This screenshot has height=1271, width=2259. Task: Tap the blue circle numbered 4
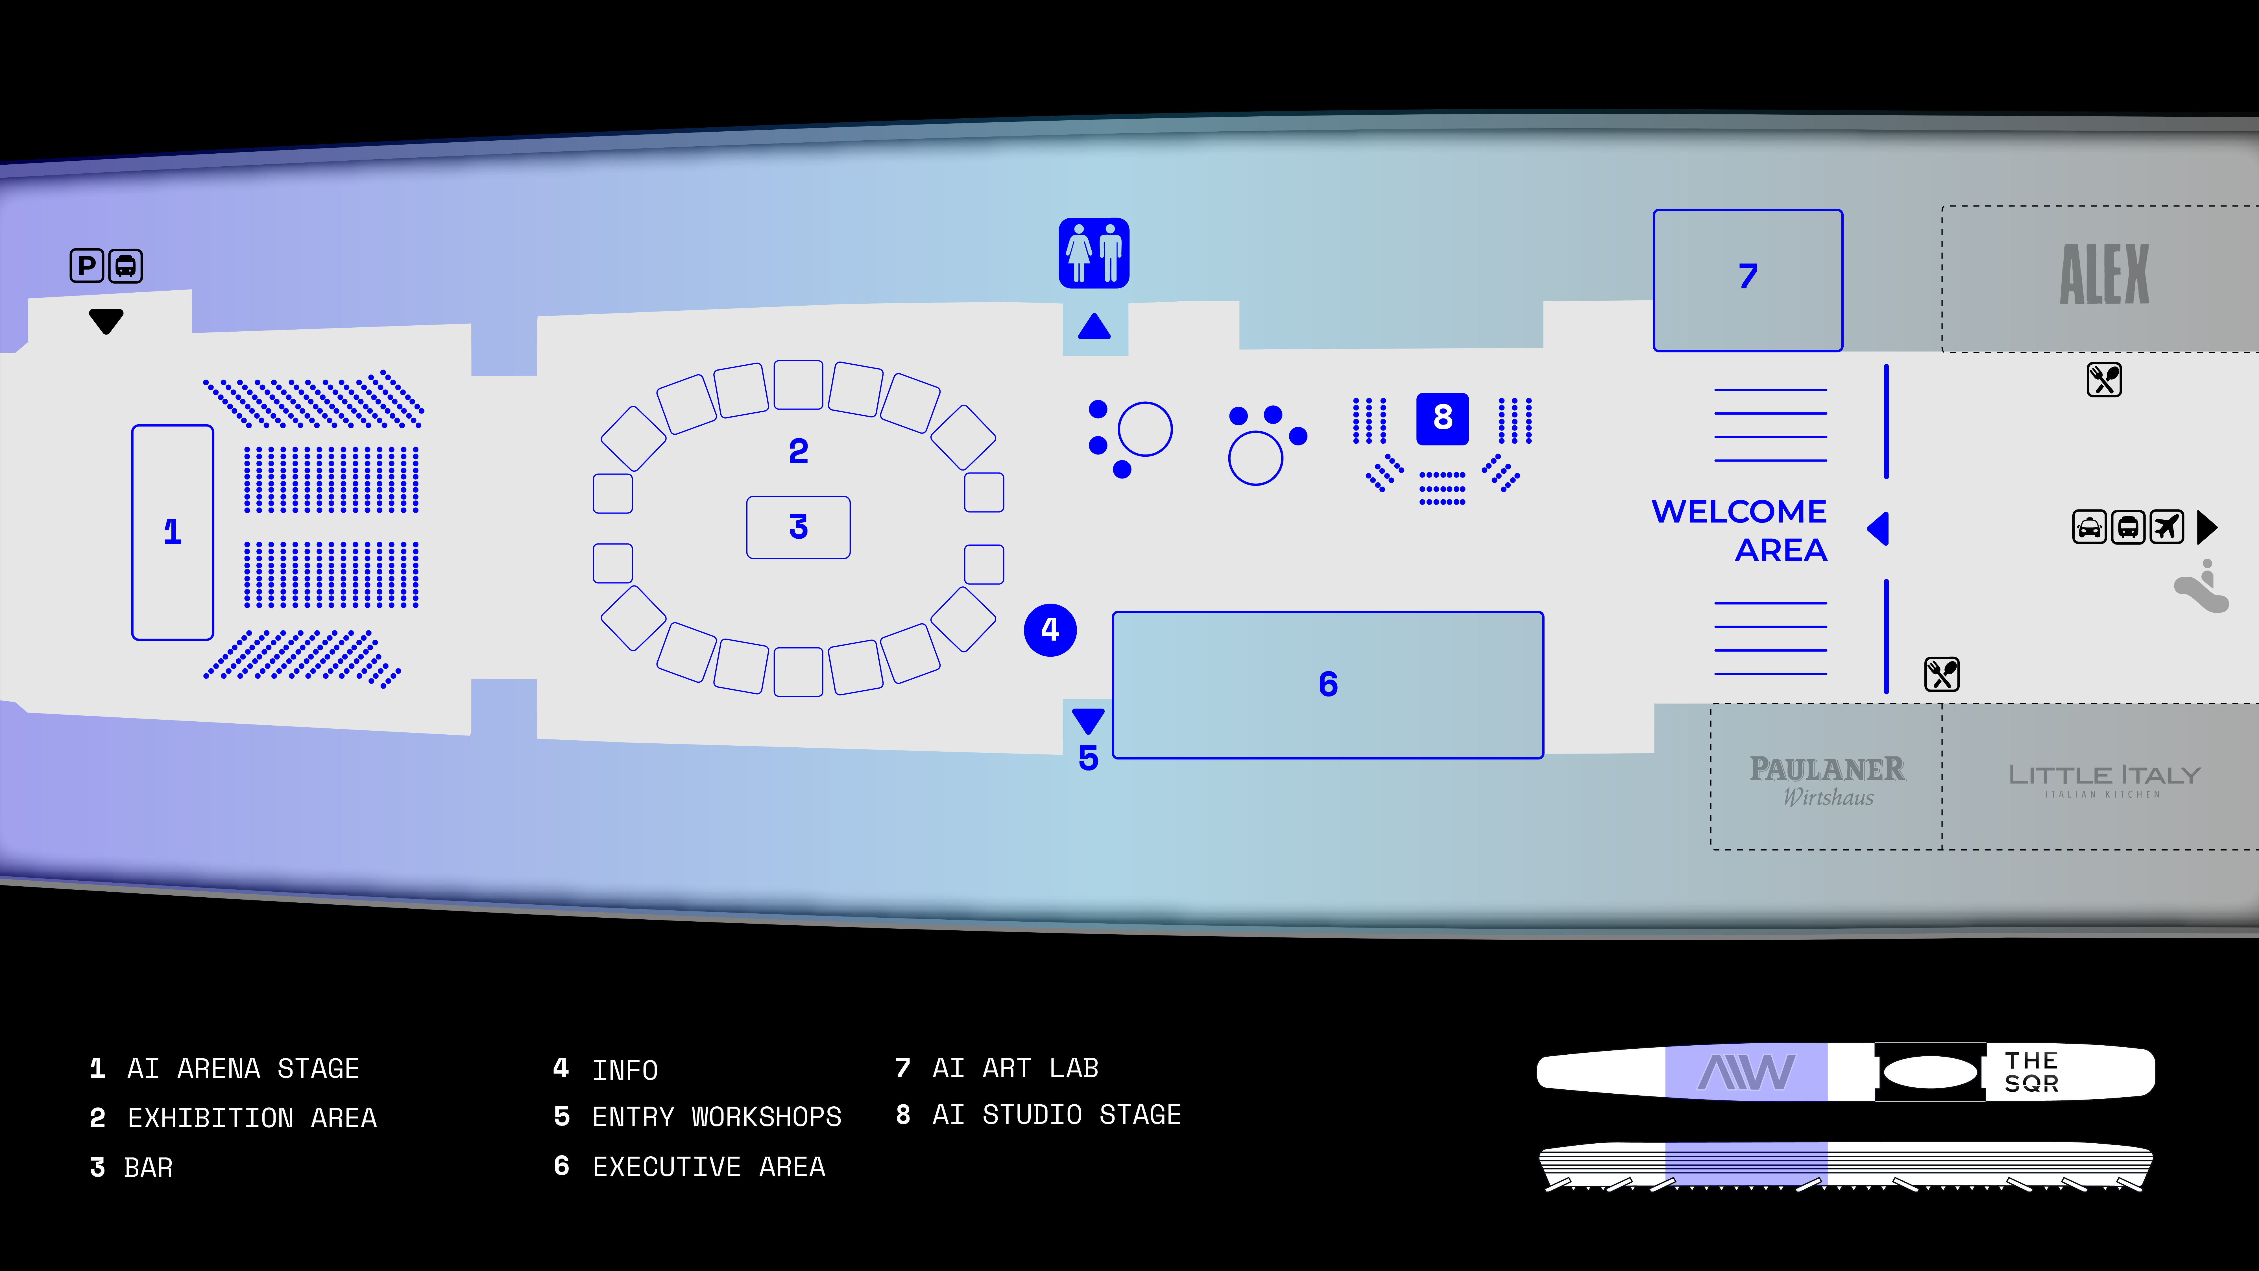tap(1050, 630)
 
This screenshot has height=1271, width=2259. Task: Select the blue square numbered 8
tap(1443, 418)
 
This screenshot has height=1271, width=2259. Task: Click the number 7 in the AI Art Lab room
tap(1748, 276)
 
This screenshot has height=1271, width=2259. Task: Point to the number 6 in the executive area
tap(1328, 684)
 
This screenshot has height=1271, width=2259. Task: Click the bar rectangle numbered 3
tap(798, 527)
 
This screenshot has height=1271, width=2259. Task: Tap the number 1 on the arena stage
tap(173, 532)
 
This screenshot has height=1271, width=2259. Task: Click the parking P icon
tap(87, 266)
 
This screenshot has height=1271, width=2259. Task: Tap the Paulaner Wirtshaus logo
tap(1828, 781)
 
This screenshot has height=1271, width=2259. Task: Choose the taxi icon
tap(2090, 527)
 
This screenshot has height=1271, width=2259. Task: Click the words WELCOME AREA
tap(1740, 531)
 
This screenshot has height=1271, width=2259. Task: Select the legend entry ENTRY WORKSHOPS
tap(716, 1117)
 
